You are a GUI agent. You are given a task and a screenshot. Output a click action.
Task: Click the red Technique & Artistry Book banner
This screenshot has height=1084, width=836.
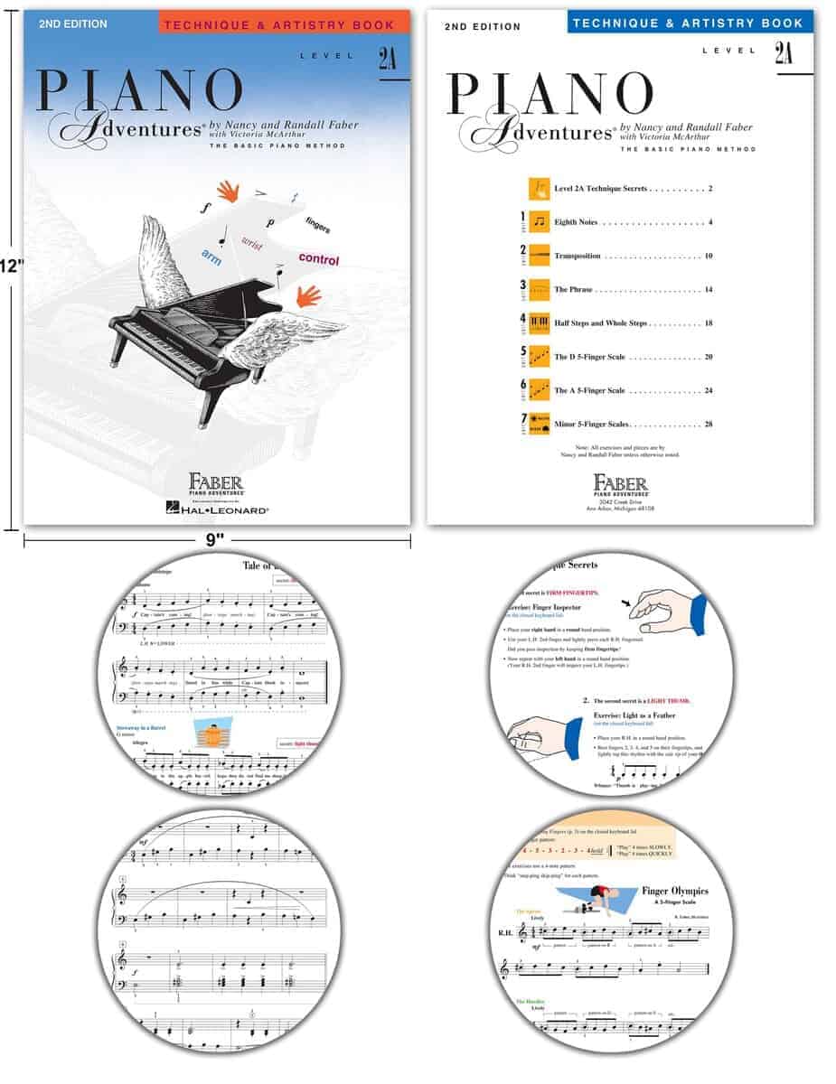[283, 23]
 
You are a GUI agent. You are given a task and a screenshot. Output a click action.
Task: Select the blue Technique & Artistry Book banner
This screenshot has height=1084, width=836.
[691, 23]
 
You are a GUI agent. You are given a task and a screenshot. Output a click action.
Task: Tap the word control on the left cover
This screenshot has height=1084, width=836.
[318, 259]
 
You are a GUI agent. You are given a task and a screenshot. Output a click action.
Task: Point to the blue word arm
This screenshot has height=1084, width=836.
[211, 257]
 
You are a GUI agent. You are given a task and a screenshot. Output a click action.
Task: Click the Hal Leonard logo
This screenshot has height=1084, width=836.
[217, 510]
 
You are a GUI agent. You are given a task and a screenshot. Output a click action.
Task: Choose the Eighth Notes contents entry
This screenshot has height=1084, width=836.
[578, 222]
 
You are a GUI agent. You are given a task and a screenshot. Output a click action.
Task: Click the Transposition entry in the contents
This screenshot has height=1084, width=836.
[577, 256]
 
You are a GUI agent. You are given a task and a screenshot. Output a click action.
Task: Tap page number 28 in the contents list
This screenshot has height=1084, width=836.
[708, 424]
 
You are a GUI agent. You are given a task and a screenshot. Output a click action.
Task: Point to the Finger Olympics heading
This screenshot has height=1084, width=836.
[674, 891]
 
